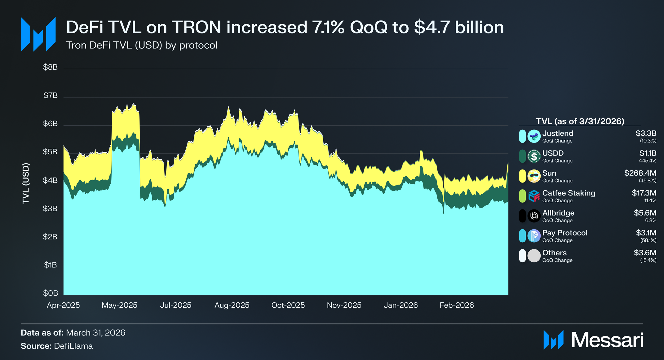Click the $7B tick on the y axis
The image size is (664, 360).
coord(51,95)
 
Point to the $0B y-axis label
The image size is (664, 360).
coord(51,293)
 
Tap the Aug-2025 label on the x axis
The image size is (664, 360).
coord(232,305)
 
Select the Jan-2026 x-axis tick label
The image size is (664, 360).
coord(401,305)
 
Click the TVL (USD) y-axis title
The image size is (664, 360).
coord(26,183)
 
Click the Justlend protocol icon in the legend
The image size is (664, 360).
coord(534,136)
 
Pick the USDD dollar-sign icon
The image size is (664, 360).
coord(534,156)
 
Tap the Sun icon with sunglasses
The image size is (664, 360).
coord(534,176)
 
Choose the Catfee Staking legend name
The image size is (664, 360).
coord(569,193)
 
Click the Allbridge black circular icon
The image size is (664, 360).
coord(534,216)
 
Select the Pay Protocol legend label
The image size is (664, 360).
coord(565,233)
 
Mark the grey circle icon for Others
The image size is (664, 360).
coord(534,256)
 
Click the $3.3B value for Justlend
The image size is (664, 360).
coord(646,133)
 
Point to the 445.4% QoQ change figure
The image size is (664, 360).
coord(648,161)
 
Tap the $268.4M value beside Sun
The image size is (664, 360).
coord(640,173)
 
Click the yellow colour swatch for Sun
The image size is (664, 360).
coord(522,176)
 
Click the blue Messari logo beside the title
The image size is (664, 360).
coord(38,34)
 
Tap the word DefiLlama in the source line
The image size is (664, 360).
coord(73,346)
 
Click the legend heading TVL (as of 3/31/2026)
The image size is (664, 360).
coord(580,121)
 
